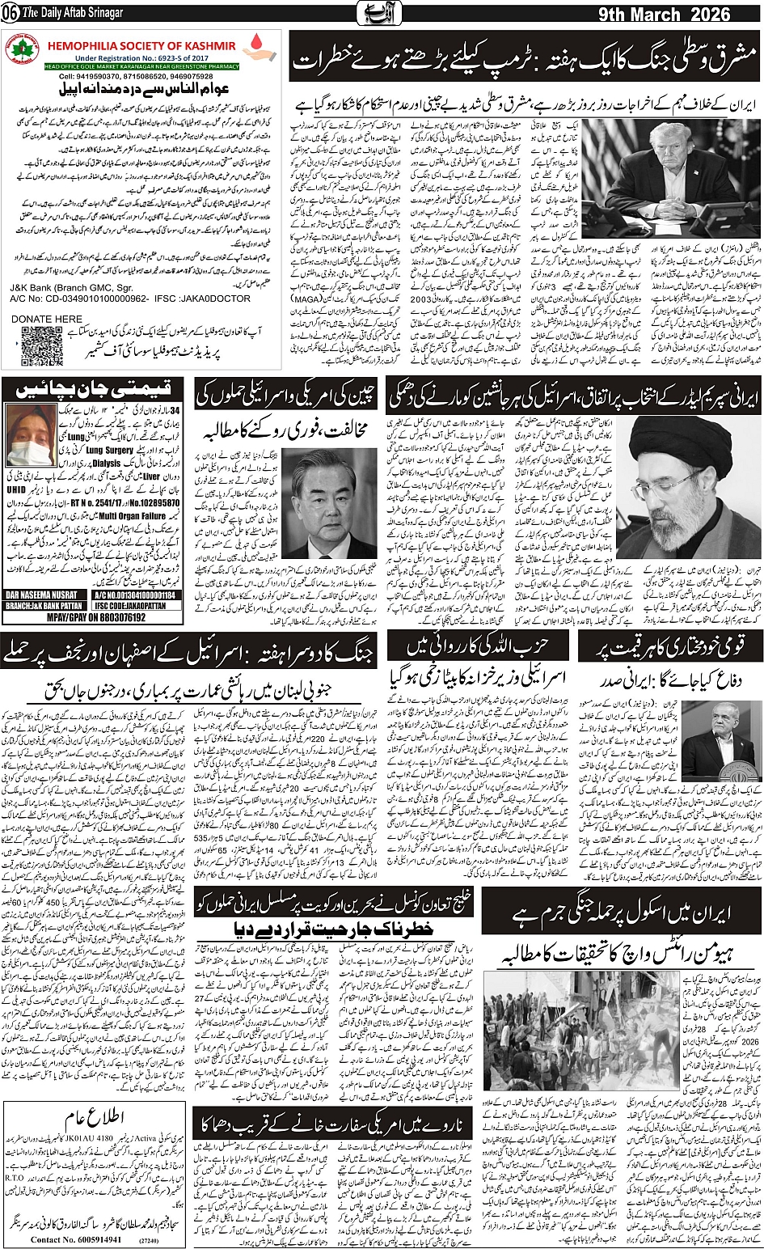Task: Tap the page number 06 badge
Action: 10,15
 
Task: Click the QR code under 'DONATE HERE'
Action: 41,346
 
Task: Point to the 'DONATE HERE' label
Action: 47,320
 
